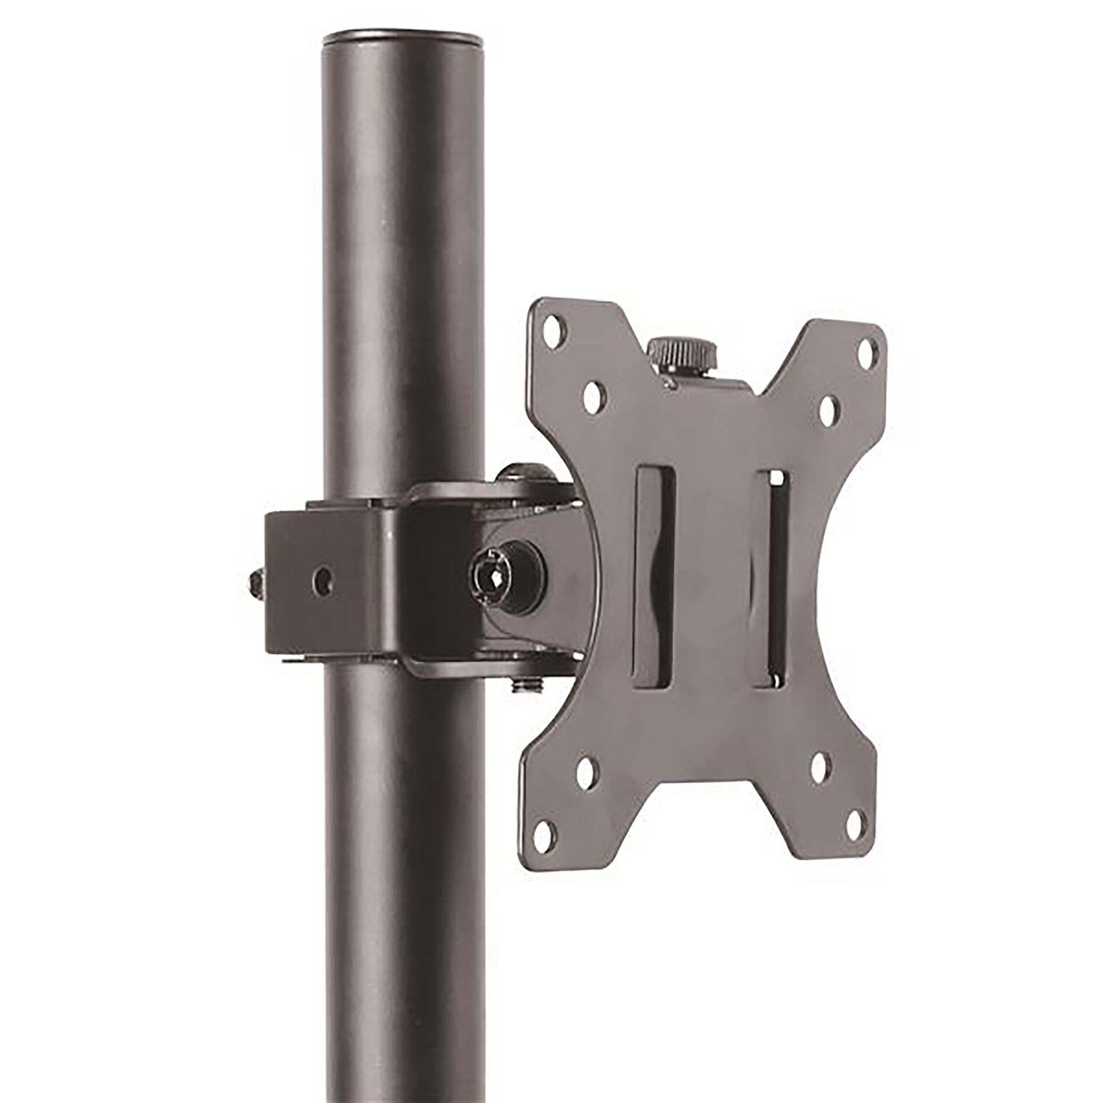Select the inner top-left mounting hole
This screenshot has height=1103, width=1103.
pos(594,393)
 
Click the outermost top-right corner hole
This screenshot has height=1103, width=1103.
pos(867,346)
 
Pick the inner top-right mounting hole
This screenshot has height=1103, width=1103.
pos(827,408)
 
